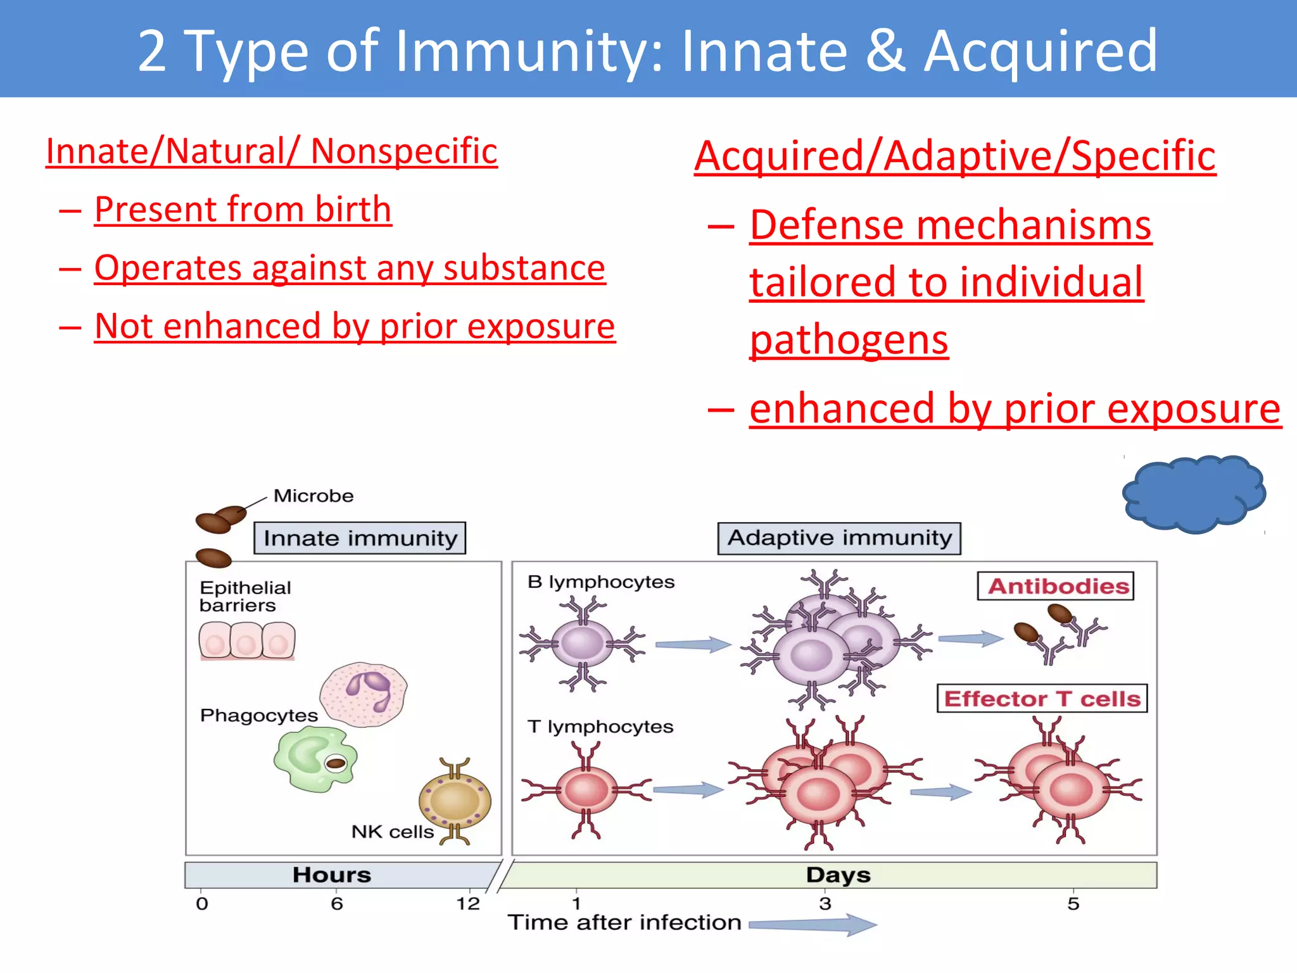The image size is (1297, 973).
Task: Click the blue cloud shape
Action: (x=1193, y=493)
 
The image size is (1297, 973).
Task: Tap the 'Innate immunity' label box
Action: (x=360, y=538)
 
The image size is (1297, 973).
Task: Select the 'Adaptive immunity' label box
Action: (x=839, y=538)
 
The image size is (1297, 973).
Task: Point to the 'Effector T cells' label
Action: (x=1042, y=698)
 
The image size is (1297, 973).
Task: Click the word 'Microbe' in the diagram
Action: (x=313, y=495)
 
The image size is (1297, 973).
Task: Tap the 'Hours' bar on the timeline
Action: (x=332, y=875)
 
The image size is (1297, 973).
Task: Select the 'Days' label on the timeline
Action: (x=838, y=875)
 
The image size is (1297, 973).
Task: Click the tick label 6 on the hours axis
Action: (x=337, y=903)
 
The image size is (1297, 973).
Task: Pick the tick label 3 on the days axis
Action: (x=825, y=903)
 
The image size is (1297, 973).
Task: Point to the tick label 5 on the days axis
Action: (x=1073, y=903)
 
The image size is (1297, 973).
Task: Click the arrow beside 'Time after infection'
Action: (x=814, y=924)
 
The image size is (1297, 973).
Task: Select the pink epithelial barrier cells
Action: (x=247, y=640)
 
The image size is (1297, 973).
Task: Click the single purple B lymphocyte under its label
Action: (x=583, y=644)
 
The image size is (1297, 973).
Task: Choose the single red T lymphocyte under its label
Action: (x=586, y=790)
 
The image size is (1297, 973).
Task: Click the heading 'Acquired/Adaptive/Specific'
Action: (x=954, y=156)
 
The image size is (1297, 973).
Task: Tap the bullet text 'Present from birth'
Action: (x=243, y=209)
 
